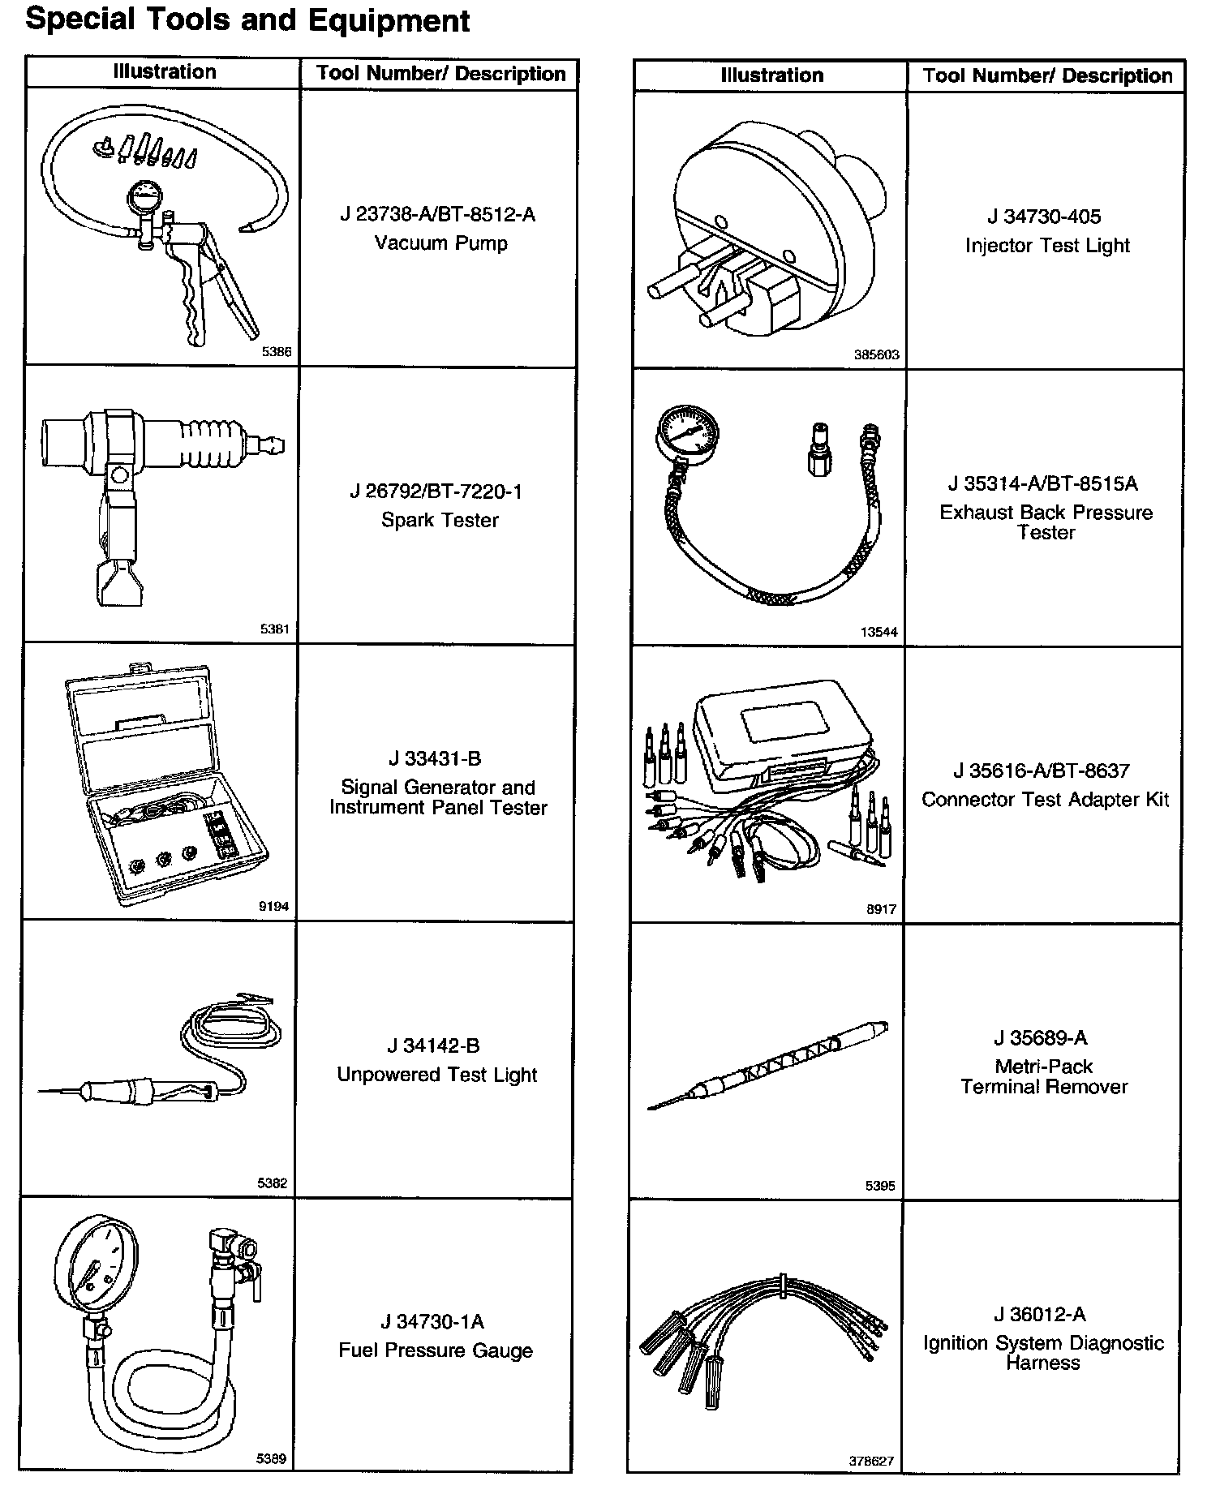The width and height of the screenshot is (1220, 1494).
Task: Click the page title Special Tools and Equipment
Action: pos(247,19)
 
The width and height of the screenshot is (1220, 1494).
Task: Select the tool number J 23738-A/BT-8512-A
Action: pos(438,215)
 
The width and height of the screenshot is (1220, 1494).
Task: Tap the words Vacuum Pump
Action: pos(440,243)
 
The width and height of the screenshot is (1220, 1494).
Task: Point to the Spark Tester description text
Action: pos(440,520)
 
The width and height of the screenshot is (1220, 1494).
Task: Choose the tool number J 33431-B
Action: pos(435,758)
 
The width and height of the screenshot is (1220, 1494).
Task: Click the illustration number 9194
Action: pos(273,907)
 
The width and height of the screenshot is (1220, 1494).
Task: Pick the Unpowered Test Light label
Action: pos(437,1075)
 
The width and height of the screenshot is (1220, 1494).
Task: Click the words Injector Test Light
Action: pos(1047,246)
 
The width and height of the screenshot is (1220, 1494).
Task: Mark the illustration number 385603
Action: pos(876,355)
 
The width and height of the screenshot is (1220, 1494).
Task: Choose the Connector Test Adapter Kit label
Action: pos(1045,800)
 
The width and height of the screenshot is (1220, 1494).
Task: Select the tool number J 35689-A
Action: pos(1041,1038)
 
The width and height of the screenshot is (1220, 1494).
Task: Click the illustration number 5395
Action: pos(880,1186)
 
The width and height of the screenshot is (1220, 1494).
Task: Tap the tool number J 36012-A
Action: pos(1039,1315)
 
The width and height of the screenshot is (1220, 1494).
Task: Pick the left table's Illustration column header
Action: pos(165,72)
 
